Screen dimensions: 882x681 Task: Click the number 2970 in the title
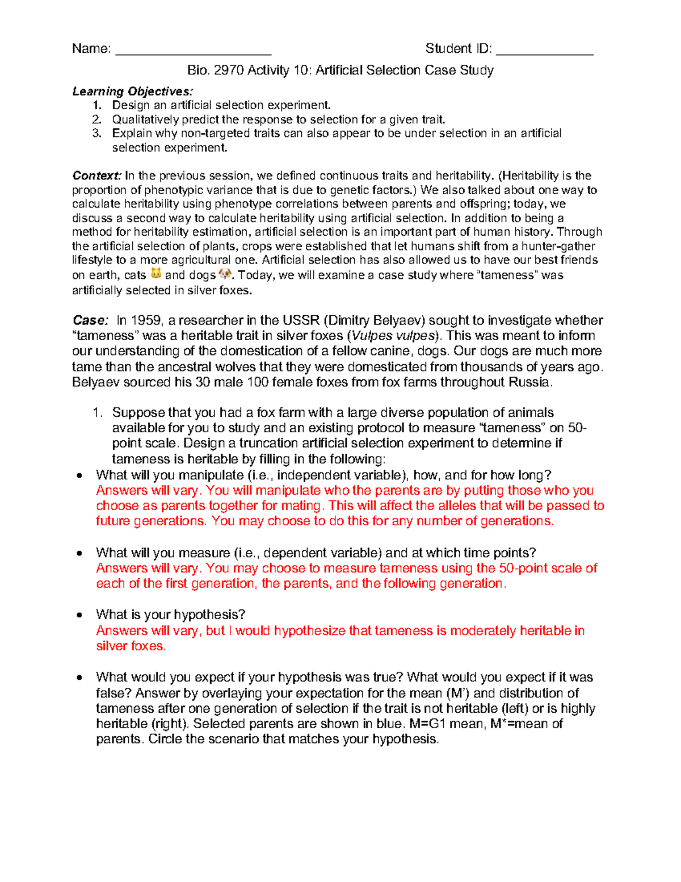click(x=229, y=70)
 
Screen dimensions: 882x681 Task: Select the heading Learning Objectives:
click(x=132, y=91)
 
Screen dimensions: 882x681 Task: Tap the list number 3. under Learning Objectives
click(x=97, y=133)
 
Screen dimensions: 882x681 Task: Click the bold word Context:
click(x=96, y=176)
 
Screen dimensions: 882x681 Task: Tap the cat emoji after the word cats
click(x=155, y=274)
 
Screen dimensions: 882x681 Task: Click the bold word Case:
click(x=90, y=320)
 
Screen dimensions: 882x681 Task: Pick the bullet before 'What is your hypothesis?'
click(x=80, y=615)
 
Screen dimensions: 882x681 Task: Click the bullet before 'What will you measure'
click(x=80, y=553)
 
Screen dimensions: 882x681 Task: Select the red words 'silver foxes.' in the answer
click(x=131, y=646)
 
